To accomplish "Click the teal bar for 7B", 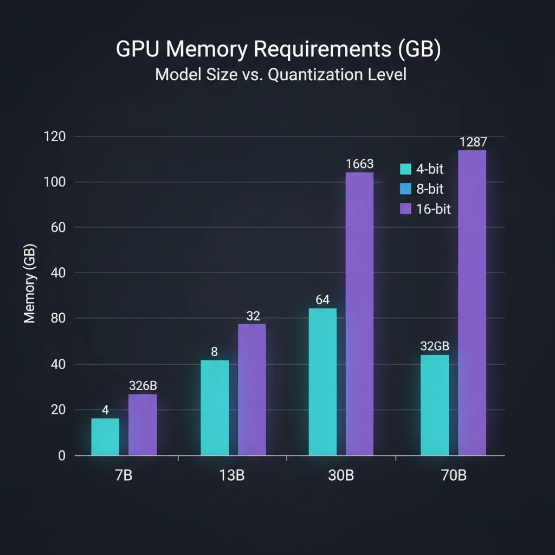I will [x=105, y=437].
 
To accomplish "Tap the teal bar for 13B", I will [x=215, y=408].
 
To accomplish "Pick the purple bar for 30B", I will [x=359, y=314].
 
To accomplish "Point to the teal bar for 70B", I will [x=435, y=405].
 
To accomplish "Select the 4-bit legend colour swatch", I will [x=405, y=169].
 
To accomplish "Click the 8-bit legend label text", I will [x=430, y=189].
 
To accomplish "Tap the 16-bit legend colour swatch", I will [x=405, y=209].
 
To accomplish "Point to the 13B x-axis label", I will [x=233, y=476].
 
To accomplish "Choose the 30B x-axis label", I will [x=341, y=476].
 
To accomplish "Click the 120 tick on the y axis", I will [x=54, y=137].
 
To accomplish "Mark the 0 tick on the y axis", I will [x=61, y=456].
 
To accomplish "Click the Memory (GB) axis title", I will [x=30, y=285].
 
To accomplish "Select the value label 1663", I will [x=359, y=163].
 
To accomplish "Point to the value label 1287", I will [x=473, y=142].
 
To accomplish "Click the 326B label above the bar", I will [x=143, y=386].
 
